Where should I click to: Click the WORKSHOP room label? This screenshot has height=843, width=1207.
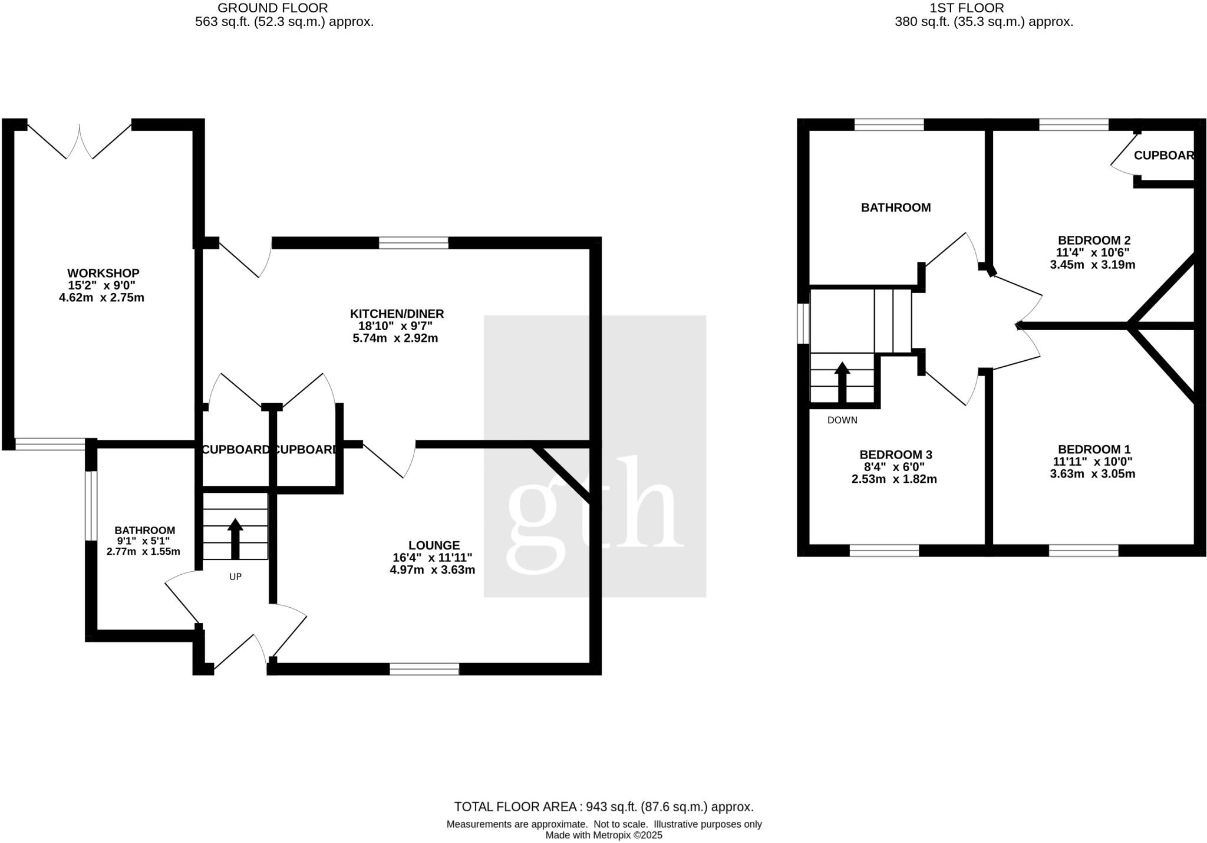click(103, 273)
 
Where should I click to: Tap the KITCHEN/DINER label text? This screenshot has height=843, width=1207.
click(397, 314)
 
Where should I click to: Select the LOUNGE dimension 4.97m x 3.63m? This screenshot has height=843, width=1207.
click(432, 570)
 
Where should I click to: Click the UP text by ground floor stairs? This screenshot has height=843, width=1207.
click(235, 577)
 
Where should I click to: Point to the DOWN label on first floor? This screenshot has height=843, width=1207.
click(842, 420)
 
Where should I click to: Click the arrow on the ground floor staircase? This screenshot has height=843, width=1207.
click(235, 538)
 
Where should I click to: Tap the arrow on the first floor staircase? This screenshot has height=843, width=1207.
click(842, 382)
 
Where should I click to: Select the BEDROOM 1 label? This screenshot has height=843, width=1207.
click(1094, 449)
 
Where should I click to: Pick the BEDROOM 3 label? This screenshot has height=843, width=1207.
click(895, 455)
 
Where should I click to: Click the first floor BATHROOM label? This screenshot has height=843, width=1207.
click(896, 208)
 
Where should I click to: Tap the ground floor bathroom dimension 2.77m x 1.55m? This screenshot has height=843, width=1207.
click(143, 552)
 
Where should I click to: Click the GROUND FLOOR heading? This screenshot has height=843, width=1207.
click(273, 8)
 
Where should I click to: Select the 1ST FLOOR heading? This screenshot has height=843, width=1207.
click(975, 8)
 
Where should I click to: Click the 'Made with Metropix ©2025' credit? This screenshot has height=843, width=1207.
click(603, 835)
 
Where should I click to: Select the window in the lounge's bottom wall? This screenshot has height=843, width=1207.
click(424, 669)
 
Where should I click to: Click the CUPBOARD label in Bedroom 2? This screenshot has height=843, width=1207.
click(1163, 156)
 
